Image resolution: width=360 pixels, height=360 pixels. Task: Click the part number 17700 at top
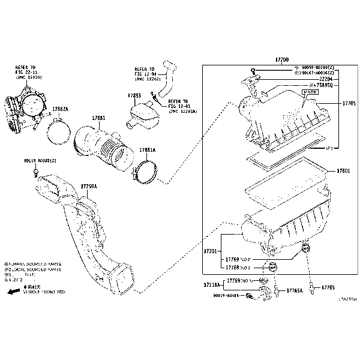click(x=281, y=60)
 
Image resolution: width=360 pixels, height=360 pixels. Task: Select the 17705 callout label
click(x=349, y=104)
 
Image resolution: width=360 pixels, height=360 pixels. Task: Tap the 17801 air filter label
click(x=343, y=171)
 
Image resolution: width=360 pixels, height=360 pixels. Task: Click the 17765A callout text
click(x=294, y=290)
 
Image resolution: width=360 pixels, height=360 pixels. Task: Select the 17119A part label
click(x=212, y=284)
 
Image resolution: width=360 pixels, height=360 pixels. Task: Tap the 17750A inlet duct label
click(x=88, y=187)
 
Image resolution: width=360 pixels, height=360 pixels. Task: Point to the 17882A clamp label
click(x=60, y=109)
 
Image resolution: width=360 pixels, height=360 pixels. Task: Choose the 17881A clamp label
click(x=147, y=150)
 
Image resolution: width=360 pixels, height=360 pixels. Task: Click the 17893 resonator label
click(x=134, y=95)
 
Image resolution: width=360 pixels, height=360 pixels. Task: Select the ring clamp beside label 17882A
click(x=58, y=130)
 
